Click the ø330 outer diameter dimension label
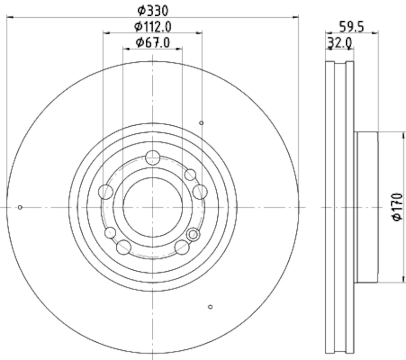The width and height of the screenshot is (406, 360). tap(153, 10)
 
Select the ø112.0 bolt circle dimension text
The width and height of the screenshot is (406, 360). tap(153, 26)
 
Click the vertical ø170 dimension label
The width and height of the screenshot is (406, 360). tap(397, 207)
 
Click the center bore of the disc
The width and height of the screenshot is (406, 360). tap(153, 207)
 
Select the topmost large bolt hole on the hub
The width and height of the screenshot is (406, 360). tap(153, 158)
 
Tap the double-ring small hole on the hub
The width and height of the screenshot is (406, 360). tap(192, 234)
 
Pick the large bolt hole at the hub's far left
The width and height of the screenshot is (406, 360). tap(106, 192)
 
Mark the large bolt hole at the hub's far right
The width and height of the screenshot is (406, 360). tap(200, 192)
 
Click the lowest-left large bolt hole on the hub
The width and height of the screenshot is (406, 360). tap(123, 247)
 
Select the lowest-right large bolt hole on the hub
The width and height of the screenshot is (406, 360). tap(182, 247)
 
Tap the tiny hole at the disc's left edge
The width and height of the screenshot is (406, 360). tap(20, 207)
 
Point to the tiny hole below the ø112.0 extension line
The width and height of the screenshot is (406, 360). tap(201, 123)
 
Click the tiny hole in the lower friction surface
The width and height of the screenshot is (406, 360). tap(211, 306)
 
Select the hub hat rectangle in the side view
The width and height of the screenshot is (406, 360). tap(366, 207)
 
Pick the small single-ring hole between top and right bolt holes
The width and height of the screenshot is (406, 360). tap(190, 175)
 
